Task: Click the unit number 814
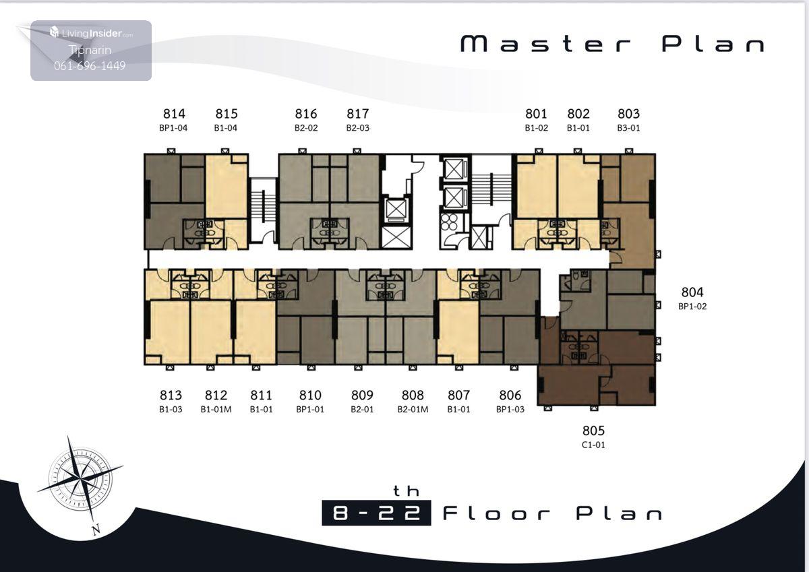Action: click(x=174, y=114)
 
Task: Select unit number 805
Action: click(x=593, y=431)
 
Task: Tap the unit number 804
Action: click(x=692, y=292)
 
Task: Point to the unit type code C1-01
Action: click(x=593, y=445)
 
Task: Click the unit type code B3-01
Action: click(x=628, y=128)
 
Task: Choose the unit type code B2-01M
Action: click(x=413, y=410)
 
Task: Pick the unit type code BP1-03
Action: click(x=510, y=410)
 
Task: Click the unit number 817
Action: click(x=358, y=114)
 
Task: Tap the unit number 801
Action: click(x=537, y=114)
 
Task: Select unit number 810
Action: click(x=310, y=395)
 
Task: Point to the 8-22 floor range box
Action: click(x=376, y=513)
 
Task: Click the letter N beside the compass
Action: click(x=96, y=530)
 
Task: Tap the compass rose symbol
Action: click(x=80, y=478)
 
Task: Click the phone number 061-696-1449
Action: click(x=90, y=65)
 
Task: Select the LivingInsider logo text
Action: click(x=92, y=33)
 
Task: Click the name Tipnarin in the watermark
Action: click(x=90, y=50)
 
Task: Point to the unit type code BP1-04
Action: click(x=173, y=128)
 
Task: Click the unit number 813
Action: click(x=171, y=395)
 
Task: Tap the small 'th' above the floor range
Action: click(x=406, y=490)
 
